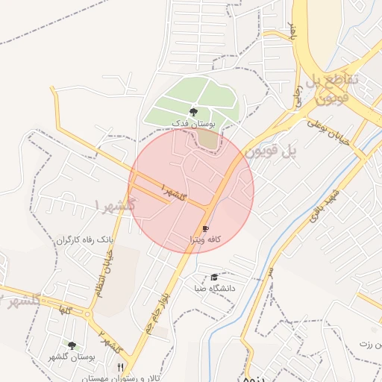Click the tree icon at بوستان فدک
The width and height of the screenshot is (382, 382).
[x=194, y=111]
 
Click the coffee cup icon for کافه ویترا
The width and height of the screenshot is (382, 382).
[x=205, y=229]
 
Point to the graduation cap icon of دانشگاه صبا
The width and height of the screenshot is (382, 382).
[x=215, y=277]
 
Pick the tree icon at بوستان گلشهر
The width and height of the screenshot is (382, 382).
[x=72, y=345]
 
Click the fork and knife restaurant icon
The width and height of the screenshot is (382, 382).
[x=121, y=367]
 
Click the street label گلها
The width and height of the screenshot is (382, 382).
[x=66, y=308]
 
